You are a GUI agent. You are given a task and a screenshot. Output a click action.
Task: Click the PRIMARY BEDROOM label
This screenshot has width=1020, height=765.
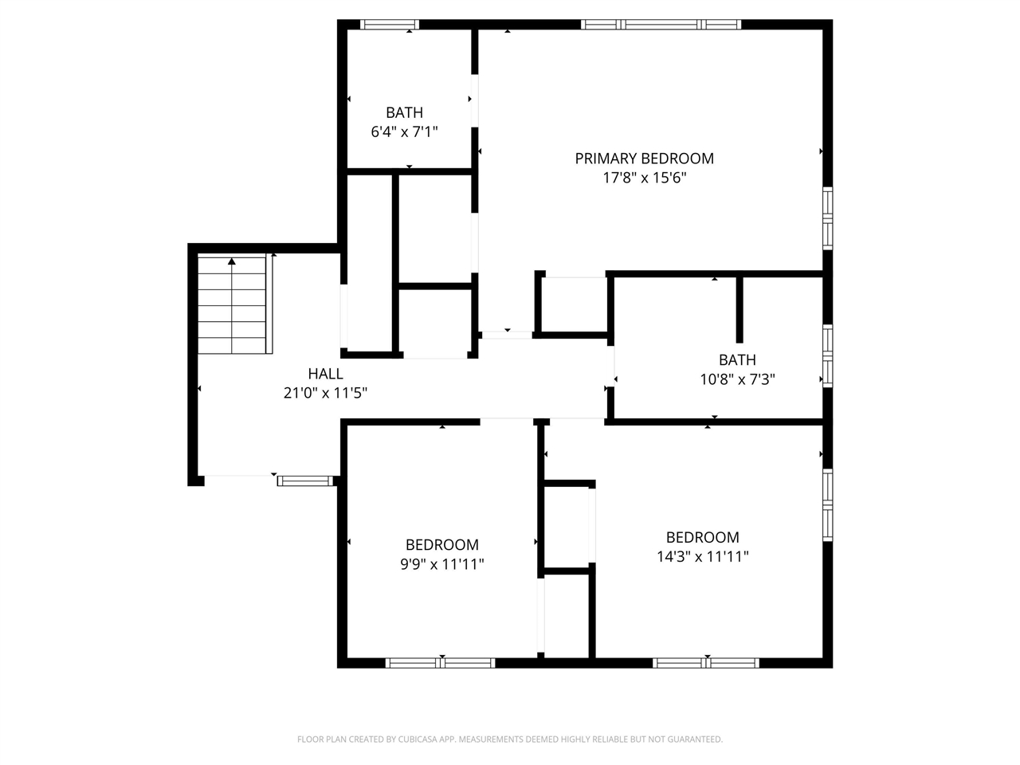click(644, 159)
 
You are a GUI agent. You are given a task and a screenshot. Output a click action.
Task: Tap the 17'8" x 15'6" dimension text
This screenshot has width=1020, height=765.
click(644, 178)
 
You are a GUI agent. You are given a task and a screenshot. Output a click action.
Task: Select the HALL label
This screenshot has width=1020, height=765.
click(325, 374)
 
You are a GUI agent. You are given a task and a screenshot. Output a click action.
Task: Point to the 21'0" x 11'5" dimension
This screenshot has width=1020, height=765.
click(325, 393)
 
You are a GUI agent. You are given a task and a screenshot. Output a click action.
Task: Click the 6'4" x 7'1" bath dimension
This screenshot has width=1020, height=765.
click(404, 131)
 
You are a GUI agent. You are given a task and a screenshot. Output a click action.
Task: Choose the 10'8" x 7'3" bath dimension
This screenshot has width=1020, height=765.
click(737, 379)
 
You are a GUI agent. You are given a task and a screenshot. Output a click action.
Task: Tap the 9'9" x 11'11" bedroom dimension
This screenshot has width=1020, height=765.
click(441, 564)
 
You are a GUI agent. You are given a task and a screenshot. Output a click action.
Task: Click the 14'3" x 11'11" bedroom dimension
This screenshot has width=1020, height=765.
click(702, 556)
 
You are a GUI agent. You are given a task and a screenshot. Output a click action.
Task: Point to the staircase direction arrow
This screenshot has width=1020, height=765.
click(232, 261)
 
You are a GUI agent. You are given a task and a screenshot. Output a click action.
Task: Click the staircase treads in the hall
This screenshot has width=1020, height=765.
click(232, 311)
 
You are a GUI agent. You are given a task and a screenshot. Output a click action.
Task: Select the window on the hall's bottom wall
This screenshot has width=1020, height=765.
click(304, 481)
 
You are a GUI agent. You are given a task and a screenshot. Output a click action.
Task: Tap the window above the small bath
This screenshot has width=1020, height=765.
click(390, 25)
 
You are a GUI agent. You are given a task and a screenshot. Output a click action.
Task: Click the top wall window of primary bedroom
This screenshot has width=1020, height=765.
click(661, 25)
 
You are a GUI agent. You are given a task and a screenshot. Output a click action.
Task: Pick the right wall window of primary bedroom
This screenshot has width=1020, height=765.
click(827, 218)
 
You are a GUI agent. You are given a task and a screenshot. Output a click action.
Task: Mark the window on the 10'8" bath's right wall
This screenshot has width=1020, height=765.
click(827, 355)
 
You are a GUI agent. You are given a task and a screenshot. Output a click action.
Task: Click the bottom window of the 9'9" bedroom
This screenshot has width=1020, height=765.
click(441, 662)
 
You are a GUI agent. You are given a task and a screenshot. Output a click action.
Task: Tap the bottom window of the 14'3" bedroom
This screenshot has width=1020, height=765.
click(706, 662)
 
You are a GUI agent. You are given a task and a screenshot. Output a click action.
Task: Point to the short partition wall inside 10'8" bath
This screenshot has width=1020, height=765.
click(739, 309)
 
